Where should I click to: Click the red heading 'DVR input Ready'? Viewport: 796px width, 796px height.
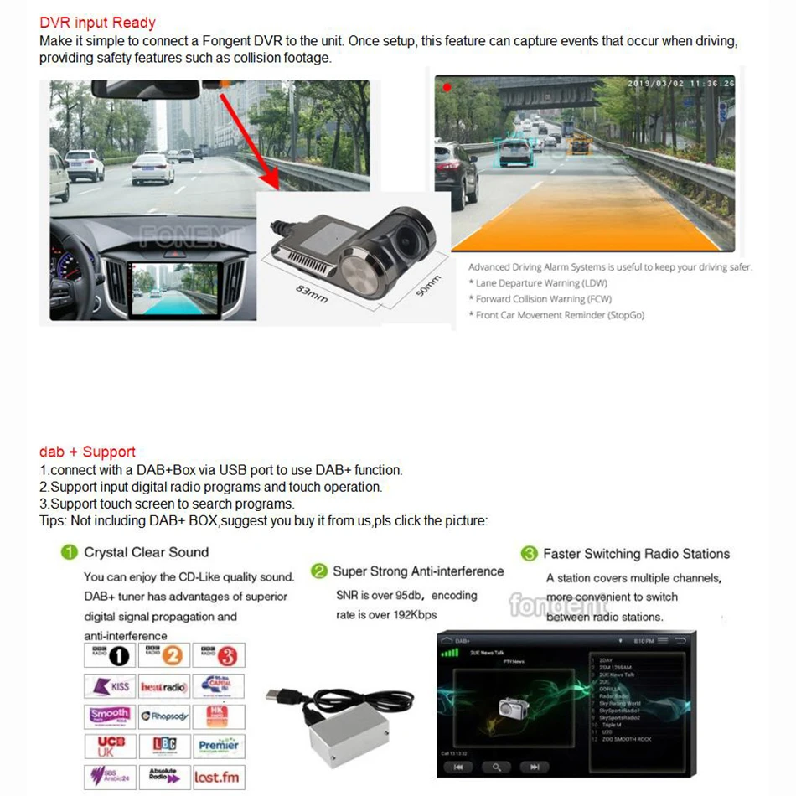pos(97,23)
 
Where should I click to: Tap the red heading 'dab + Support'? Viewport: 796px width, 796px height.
pos(87,452)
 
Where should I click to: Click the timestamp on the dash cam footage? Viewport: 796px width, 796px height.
pos(680,83)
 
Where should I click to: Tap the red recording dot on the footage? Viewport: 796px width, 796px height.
pos(447,86)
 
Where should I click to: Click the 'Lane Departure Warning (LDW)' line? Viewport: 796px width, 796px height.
pos(539,283)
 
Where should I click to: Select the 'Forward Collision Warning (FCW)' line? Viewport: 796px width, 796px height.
pos(540,299)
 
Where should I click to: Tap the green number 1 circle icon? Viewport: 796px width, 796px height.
pos(70,553)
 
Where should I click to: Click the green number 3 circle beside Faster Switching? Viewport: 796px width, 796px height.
pos(529,554)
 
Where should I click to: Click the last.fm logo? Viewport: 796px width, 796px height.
pos(218,777)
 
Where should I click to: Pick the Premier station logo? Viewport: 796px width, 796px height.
pos(218,746)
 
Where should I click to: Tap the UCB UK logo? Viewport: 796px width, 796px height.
pos(111,746)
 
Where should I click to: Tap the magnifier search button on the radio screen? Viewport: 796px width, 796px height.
pos(497,767)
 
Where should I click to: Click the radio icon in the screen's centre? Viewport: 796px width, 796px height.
pos(510,708)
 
